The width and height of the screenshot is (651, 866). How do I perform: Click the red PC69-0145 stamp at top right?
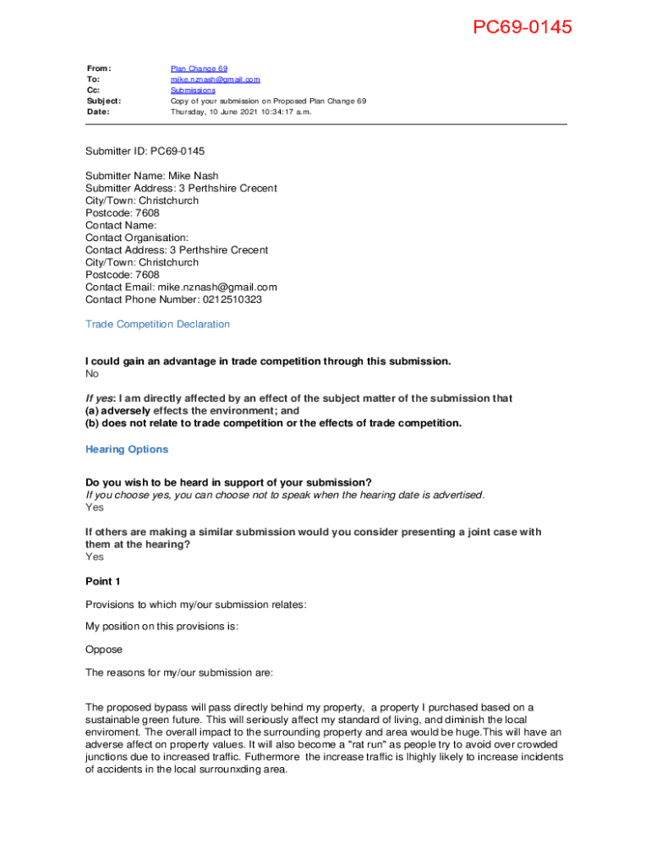[522, 27]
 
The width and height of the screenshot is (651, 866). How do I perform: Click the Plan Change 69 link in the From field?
[199, 69]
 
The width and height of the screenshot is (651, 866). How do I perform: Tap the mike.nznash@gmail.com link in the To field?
[215, 79]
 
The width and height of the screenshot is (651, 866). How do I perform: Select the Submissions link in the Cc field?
[193, 90]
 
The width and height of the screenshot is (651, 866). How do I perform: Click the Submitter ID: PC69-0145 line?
[145, 151]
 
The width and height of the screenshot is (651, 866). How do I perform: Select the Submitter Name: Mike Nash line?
[151, 176]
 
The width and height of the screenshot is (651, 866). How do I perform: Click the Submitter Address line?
[180, 189]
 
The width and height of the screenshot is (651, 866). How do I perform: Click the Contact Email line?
[181, 288]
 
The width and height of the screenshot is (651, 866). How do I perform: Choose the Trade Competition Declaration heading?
[157, 325]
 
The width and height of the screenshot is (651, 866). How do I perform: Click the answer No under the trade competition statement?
[92, 374]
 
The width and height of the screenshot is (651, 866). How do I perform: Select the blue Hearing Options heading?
[127, 450]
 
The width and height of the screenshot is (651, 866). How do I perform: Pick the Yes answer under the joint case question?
[95, 557]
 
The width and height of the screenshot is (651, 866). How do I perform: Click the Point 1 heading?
[103, 582]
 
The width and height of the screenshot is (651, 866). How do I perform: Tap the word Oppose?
[104, 650]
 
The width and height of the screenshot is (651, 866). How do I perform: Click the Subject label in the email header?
[103, 101]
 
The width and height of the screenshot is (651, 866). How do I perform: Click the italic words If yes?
[100, 398]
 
